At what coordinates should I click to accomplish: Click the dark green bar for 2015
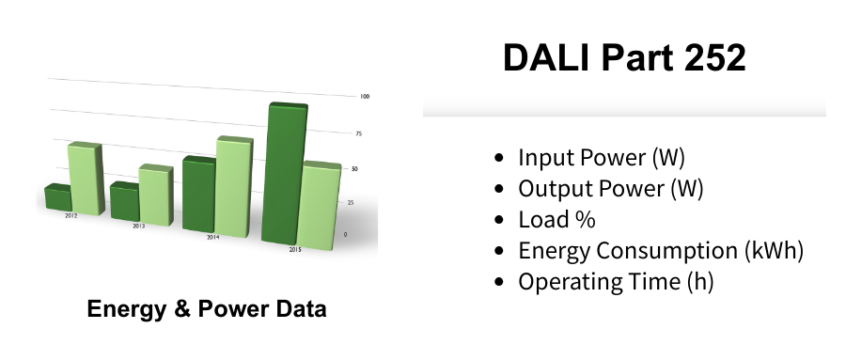[284, 174]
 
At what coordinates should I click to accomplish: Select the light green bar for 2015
[320, 206]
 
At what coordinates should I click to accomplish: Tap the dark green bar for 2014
[199, 195]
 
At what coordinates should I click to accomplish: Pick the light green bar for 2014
[235, 187]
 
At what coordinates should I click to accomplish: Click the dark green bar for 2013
[125, 201]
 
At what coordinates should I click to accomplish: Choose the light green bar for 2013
[156, 195]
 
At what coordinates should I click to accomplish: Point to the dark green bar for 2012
[58, 197]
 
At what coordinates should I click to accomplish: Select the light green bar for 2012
[86, 179]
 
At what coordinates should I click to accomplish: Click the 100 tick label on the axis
[365, 97]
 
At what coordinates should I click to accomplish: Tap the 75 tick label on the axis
[359, 133]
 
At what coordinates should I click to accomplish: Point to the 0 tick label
[345, 235]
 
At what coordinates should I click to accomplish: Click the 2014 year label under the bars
[213, 238]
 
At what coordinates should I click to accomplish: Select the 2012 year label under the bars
[71, 216]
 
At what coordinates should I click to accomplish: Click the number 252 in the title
[715, 57]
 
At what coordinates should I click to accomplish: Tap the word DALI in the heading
[546, 57]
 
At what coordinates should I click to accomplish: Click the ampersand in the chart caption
[182, 308]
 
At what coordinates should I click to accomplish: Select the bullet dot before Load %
[498, 220]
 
